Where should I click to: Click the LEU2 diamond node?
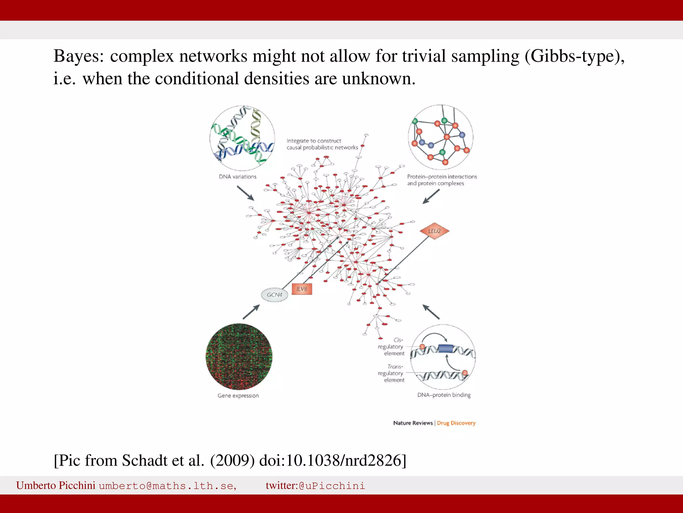pos(434,231)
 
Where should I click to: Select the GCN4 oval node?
pos(274,295)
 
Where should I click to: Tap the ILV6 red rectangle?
pos(302,289)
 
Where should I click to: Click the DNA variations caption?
pos(237,177)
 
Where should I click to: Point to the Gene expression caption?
pos(238,395)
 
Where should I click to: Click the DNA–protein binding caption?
pos(444,395)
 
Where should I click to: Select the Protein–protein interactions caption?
pos(442,180)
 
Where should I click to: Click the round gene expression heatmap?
pos(239,357)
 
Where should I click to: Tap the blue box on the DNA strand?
pos(446,349)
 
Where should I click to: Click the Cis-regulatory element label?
pos(392,347)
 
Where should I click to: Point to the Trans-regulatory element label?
pos(392,373)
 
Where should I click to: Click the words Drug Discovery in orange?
pos(456,423)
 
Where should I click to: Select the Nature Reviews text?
pos(413,423)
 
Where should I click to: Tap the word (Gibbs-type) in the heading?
pos(574,56)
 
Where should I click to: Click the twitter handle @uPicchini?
pos(332,486)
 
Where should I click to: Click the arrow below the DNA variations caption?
pos(246,193)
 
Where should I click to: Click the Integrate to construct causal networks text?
pos(322,144)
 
